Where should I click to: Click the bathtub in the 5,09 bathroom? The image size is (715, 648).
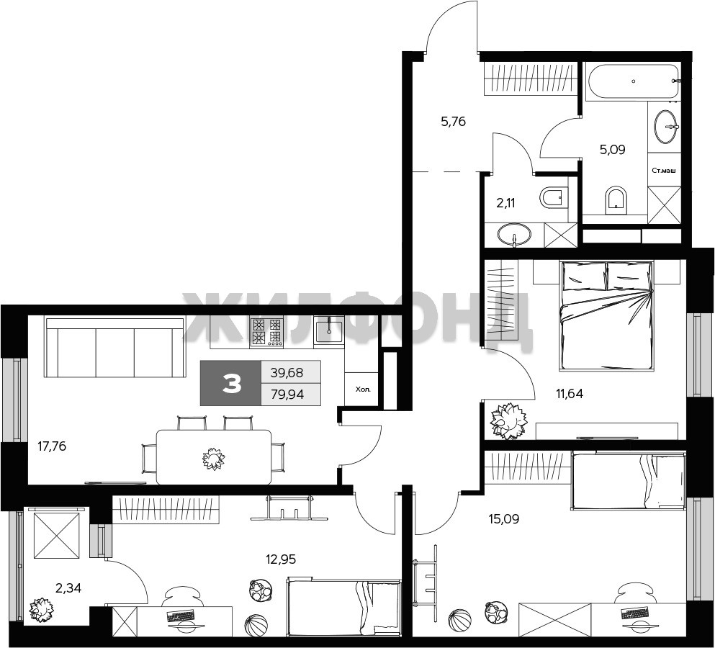(632, 81)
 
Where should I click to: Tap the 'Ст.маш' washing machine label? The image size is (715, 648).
(663, 171)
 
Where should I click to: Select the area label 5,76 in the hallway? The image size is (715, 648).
(453, 122)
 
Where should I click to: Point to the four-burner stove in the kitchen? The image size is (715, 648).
(266, 331)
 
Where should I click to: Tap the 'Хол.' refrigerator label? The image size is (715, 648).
(364, 390)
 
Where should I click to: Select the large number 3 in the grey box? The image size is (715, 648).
(232, 384)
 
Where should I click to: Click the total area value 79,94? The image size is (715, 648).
(287, 394)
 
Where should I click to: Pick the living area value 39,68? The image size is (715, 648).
(287, 372)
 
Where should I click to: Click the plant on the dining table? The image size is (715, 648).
(213, 459)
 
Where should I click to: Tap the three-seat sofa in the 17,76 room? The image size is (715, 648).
(114, 348)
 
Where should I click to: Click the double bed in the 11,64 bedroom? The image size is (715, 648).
(606, 315)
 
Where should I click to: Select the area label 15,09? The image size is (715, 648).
(504, 519)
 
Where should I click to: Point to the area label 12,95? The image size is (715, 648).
(281, 559)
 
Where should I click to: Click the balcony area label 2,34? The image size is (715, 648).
(68, 588)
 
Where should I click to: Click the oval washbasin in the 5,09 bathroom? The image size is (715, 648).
(666, 125)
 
